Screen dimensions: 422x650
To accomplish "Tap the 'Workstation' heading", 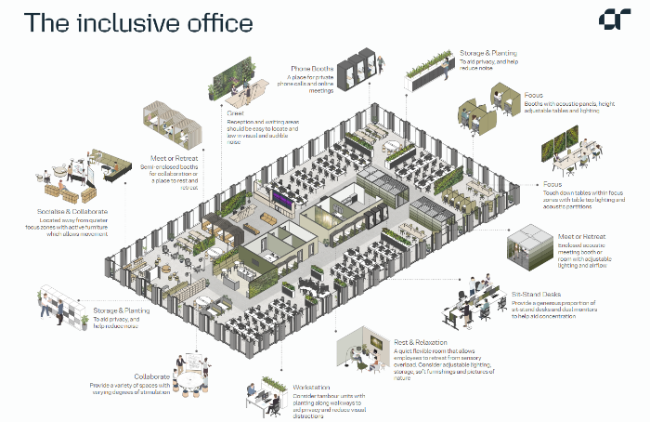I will pos(313,386).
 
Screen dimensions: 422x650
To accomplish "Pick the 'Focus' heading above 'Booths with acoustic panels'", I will pos(533,96).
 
